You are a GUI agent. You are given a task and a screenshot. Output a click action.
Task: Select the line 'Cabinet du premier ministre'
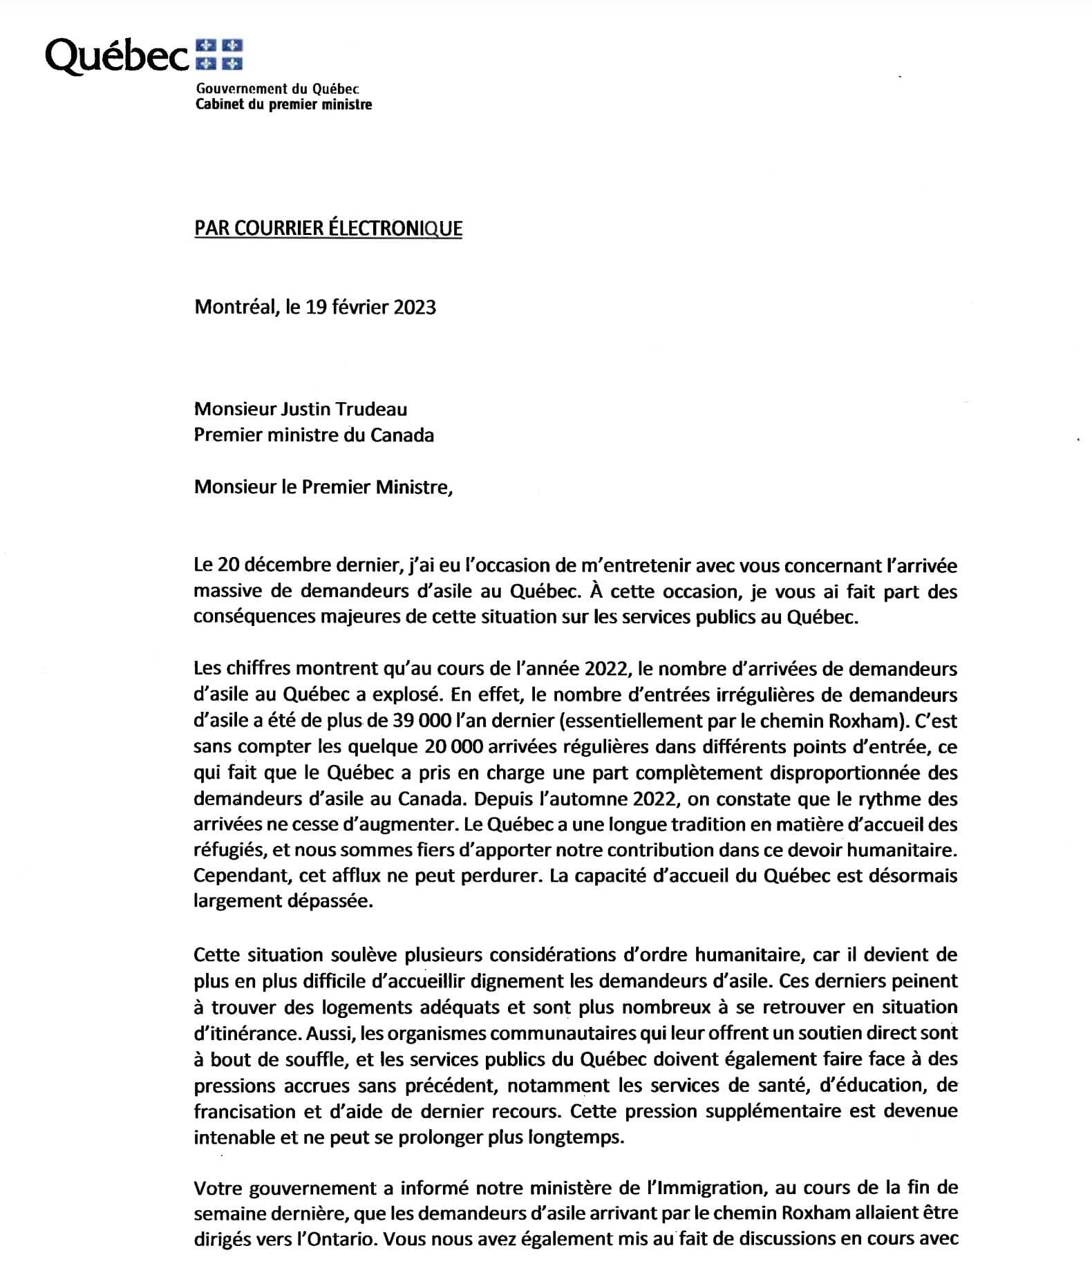click(283, 104)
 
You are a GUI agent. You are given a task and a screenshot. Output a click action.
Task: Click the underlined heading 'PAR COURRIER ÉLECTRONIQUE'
click(328, 229)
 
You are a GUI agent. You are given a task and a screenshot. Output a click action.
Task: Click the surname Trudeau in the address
click(372, 409)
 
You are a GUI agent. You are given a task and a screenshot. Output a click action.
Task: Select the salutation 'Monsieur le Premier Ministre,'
click(323, 487)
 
